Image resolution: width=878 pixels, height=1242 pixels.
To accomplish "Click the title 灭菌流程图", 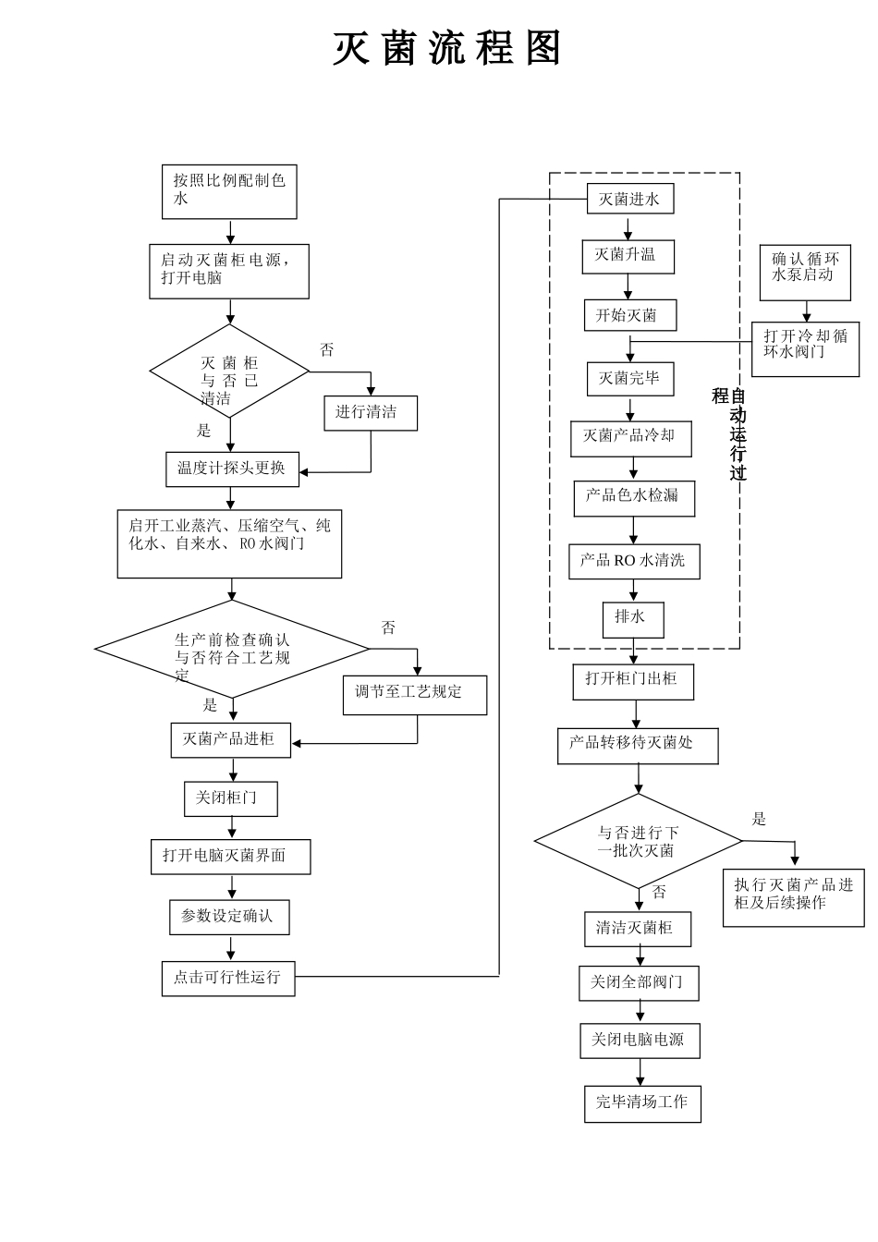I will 447,49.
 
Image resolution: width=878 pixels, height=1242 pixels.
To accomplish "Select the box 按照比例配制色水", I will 229,191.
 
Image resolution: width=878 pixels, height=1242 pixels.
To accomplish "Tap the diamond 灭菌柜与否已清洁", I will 229,371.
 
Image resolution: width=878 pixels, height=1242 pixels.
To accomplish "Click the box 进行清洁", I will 370,413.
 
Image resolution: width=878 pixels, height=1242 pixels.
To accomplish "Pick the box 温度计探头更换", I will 232,469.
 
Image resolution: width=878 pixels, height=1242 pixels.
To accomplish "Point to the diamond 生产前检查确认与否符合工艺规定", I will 232,649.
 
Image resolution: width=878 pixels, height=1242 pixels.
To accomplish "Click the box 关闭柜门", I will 230,798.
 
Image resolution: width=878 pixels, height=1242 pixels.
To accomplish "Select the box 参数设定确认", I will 229,917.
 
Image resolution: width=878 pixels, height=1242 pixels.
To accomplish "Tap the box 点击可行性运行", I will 228,978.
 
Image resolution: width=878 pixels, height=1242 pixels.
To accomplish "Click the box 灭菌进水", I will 629,199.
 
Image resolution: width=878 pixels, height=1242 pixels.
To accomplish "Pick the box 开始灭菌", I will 629,315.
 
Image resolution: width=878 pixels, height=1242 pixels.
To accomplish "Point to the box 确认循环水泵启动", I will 805,272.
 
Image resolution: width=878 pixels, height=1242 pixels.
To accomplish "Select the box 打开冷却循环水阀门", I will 805,348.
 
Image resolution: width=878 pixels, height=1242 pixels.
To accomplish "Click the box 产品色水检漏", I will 633,498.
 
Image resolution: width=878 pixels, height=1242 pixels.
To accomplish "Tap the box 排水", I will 632,619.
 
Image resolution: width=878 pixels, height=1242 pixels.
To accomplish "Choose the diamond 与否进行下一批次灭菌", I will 638,841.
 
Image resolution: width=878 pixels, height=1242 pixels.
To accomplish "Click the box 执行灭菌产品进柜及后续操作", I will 793,897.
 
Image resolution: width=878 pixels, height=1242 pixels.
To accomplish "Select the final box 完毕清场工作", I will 642,1103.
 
